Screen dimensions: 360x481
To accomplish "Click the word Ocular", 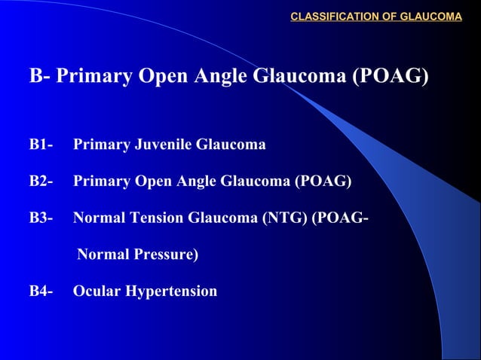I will pos(96,291).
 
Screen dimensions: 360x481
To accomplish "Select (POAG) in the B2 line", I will pos(323,181).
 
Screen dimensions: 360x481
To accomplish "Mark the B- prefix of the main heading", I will pos(39,77).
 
